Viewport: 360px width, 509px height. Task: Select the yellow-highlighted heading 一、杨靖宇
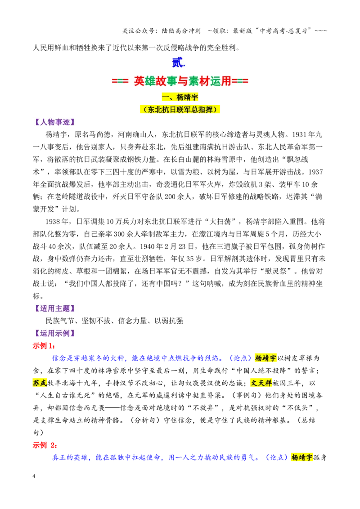pos(180,97)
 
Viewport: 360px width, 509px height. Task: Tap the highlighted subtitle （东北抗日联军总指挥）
pos(180,110)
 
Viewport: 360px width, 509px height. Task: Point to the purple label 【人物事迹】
pos(54,122)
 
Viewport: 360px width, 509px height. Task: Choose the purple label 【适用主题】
pos(54,308)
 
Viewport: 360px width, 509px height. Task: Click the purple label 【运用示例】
pos(54,333)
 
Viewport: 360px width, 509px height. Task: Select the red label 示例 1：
pos(44,346)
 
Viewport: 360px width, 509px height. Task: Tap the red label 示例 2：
pos(45,445)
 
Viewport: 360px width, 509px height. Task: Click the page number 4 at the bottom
pos(34,476)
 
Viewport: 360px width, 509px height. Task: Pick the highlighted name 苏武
pos(40,383)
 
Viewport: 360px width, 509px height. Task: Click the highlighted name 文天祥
pos(261,383)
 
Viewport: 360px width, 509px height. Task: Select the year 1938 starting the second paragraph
pos(53,222)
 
